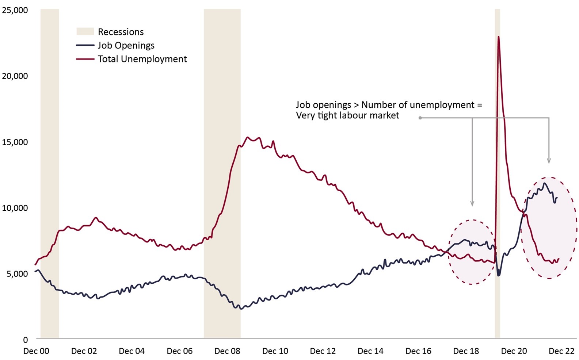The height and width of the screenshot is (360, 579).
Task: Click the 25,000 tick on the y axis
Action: (x=15, y=10)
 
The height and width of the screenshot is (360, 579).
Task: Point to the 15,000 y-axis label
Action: (x=15, y=142)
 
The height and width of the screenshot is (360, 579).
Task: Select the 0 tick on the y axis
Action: (x=25, y=340)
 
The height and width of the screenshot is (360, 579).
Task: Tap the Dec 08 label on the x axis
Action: (x=227, y=351)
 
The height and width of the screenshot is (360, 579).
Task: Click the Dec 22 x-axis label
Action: (x=561, y=351)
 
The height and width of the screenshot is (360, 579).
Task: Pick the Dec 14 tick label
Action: (x=370, y=351)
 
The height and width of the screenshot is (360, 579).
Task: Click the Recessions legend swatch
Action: (x=85, y=32)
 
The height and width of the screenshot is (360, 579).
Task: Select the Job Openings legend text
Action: (x=126, y=45)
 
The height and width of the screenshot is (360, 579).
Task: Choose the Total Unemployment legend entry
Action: (x=142, y=59)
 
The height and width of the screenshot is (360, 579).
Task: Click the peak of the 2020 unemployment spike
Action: (x=498, y=37)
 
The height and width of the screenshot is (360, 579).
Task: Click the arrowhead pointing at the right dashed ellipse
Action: (x=549, y=161)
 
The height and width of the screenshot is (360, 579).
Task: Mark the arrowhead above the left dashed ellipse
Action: (x=472, y=204)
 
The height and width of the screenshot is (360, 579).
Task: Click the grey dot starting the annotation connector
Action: (x=420, y=118)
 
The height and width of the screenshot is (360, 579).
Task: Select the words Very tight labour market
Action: (x=347, y=116)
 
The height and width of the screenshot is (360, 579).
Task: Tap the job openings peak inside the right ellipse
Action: (x=545, y=183)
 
